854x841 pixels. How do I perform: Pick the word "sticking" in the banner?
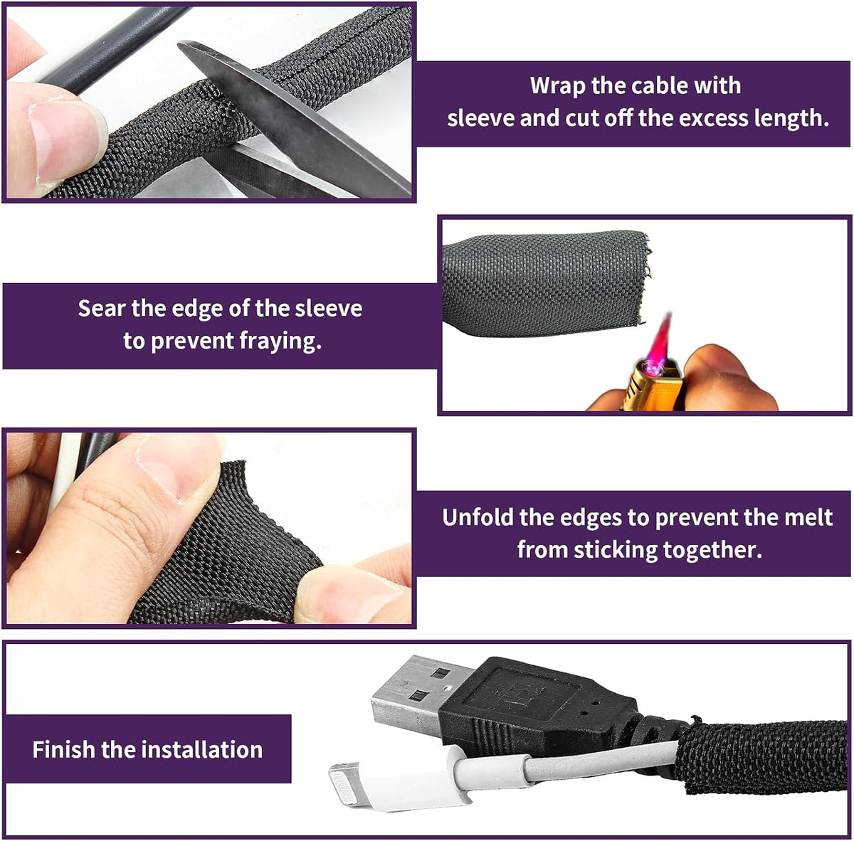(616, 550)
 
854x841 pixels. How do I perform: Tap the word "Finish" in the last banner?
(63, 750)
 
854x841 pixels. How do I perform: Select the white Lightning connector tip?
(351, 784)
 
